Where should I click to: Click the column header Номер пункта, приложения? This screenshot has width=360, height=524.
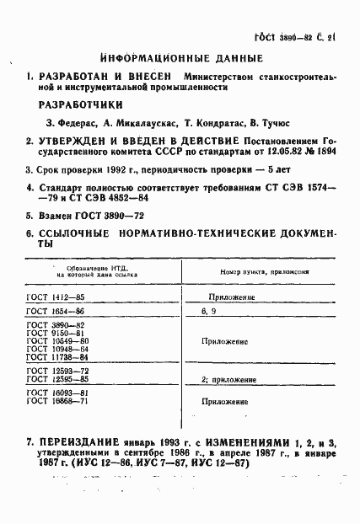[x=264, y=272]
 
